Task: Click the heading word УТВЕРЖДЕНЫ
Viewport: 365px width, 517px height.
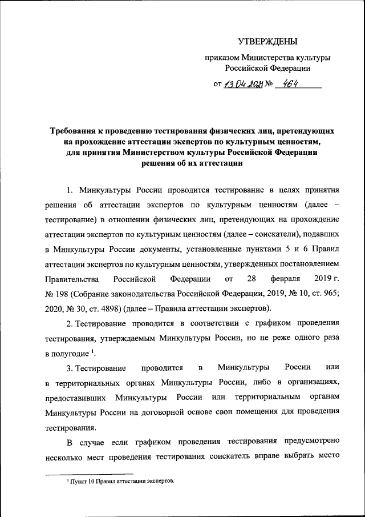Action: (267, 41)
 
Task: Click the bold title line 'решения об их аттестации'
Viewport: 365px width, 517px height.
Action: (192, 163)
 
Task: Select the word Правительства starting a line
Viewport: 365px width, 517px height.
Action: (70, 279)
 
